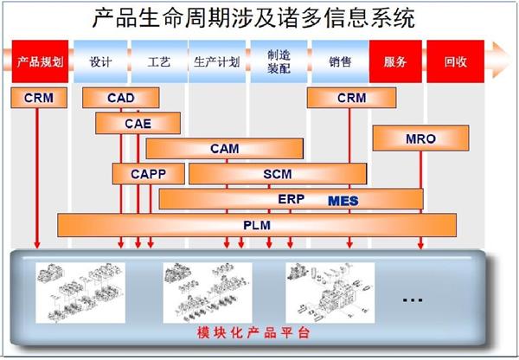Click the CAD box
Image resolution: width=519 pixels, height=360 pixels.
(121, 99)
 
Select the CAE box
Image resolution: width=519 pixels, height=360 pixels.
(137, 124)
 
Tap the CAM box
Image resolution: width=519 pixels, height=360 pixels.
(224, 149)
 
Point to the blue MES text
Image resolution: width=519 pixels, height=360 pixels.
(342, 200)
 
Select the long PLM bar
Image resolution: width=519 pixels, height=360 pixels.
(257, 225)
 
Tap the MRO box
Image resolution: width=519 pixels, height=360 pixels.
(421, 138)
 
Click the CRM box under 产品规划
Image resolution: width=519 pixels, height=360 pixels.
(38, 99)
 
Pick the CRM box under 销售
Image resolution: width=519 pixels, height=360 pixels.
(351, 99)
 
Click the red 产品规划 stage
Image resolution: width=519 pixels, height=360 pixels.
(38, 62)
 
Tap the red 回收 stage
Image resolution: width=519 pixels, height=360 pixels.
(455, 62)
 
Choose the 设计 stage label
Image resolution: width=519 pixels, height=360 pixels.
(100, 62)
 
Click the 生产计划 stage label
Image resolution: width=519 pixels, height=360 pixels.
(215, 62)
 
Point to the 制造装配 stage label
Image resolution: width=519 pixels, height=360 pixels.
(279, 61)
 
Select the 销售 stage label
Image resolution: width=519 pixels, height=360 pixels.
(340, 62)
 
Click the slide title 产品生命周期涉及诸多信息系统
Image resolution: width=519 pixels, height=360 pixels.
(253, 16)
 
